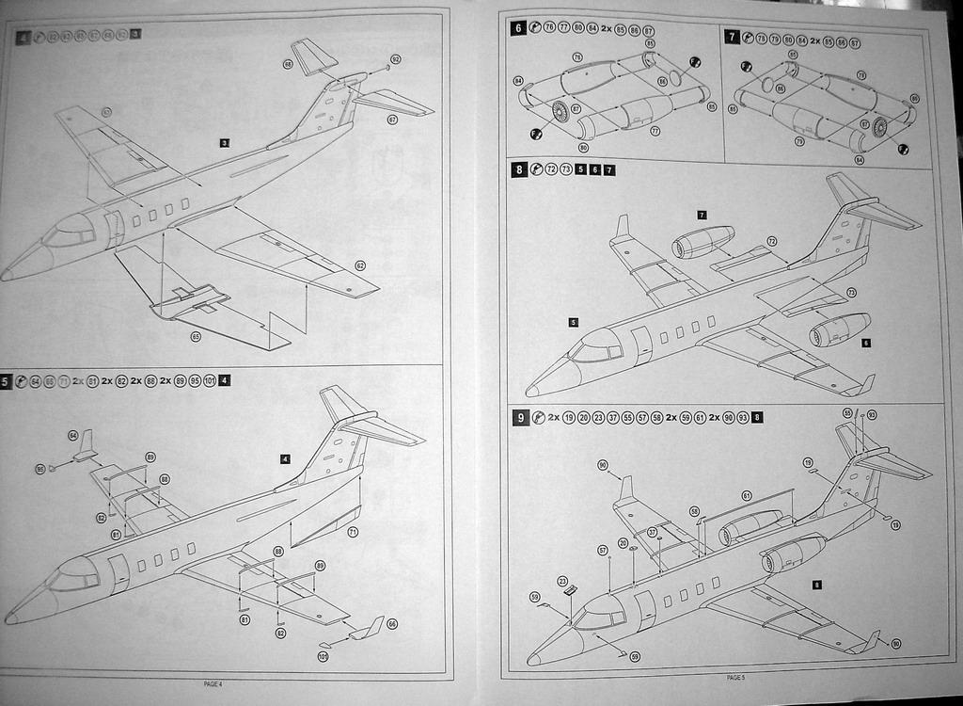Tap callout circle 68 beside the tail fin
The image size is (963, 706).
point(288,64)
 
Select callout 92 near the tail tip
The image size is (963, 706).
point(396,59)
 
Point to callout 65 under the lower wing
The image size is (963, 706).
point(196,336)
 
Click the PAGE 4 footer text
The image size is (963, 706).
point(213,682)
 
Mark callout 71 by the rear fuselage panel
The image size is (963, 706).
point(353,532)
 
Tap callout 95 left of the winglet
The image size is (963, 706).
point(40,468)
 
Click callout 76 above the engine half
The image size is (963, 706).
point(576,57)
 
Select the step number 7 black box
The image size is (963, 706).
point(733,37)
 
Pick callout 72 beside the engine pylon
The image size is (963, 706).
point(772,242)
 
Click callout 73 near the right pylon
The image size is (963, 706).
point(851,293)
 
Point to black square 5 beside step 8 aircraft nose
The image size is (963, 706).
point(574,322)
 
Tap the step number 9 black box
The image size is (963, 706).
point(520,417)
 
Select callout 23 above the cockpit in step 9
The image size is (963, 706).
point(562,581)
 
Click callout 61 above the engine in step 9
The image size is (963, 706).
point(746,495)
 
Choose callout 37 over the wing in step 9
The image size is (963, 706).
point(652,532)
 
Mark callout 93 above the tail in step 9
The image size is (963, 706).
point(872,414)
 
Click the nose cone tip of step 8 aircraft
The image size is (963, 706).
point(529,391)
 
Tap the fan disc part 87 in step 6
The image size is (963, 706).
point(560,113)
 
